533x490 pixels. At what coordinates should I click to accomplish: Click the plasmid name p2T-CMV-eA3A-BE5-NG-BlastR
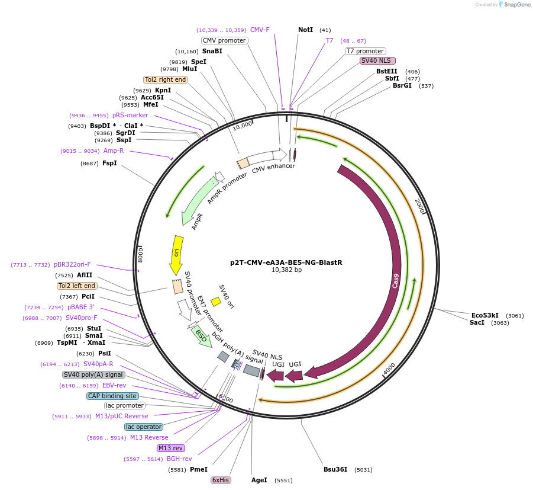tap(286, 262)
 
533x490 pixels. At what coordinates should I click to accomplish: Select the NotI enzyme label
tap(305, 30)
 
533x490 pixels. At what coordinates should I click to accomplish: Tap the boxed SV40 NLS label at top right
tap(377, 60)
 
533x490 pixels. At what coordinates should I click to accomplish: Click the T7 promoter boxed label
tap(365, 51)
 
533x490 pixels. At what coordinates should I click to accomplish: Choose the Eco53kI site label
tap(484, 315)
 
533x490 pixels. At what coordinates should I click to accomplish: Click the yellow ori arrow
tap(176, 254)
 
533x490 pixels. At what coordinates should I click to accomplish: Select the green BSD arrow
tap(202, 337)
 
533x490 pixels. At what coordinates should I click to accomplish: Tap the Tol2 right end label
tap(165, 79)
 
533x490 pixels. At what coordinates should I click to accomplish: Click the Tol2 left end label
tap(77, 286)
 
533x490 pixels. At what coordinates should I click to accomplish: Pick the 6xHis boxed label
tap(220, 480)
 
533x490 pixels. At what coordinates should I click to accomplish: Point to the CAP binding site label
tap(112, 396)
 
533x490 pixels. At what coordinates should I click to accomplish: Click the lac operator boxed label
tap(143, 427)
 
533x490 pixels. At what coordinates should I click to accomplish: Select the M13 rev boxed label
tap(171, 448)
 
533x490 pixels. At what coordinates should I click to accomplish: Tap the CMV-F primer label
tap(260, 30)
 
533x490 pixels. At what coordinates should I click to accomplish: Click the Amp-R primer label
tap(114, 151)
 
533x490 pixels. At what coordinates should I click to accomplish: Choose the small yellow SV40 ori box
tap(216, 302)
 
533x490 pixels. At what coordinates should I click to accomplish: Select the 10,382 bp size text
tap(286, 270)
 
